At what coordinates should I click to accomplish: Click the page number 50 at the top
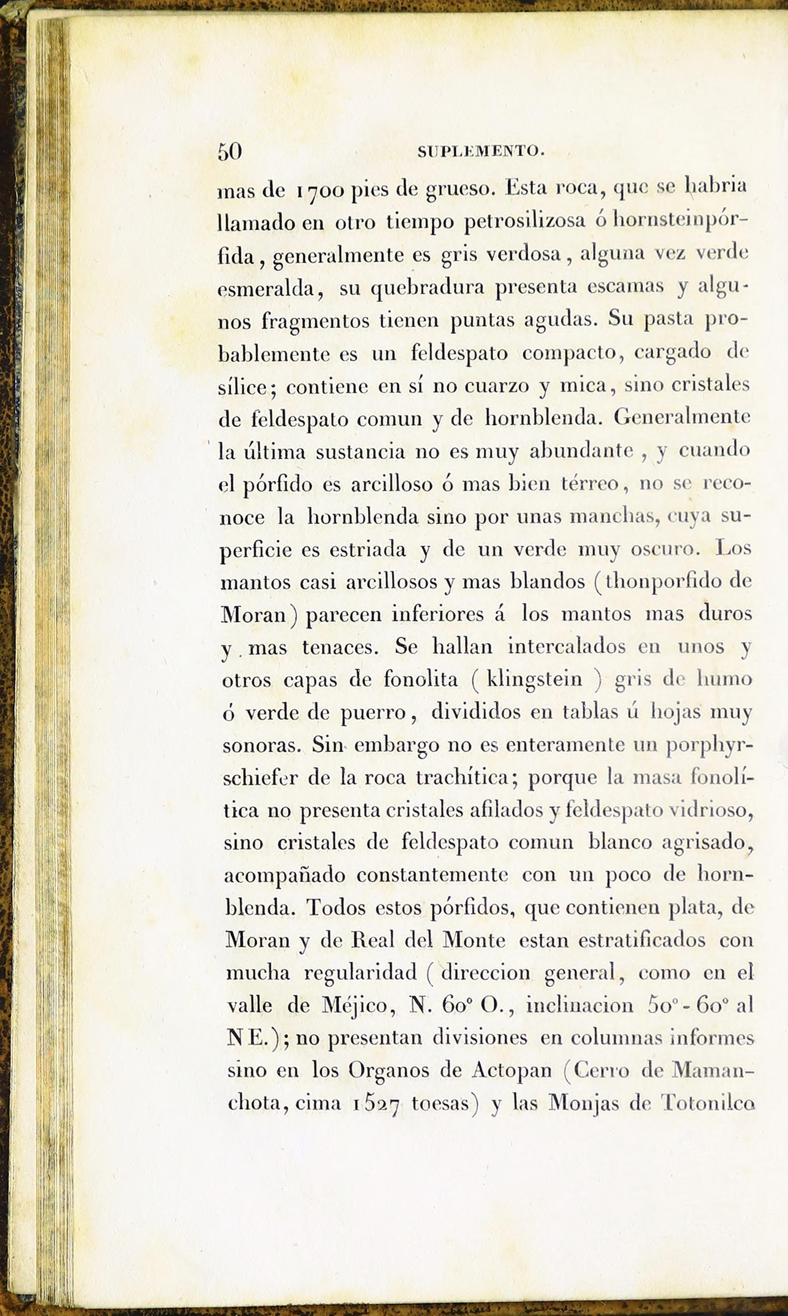229,152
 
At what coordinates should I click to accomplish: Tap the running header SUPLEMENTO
481,152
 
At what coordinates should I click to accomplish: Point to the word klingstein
534,680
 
